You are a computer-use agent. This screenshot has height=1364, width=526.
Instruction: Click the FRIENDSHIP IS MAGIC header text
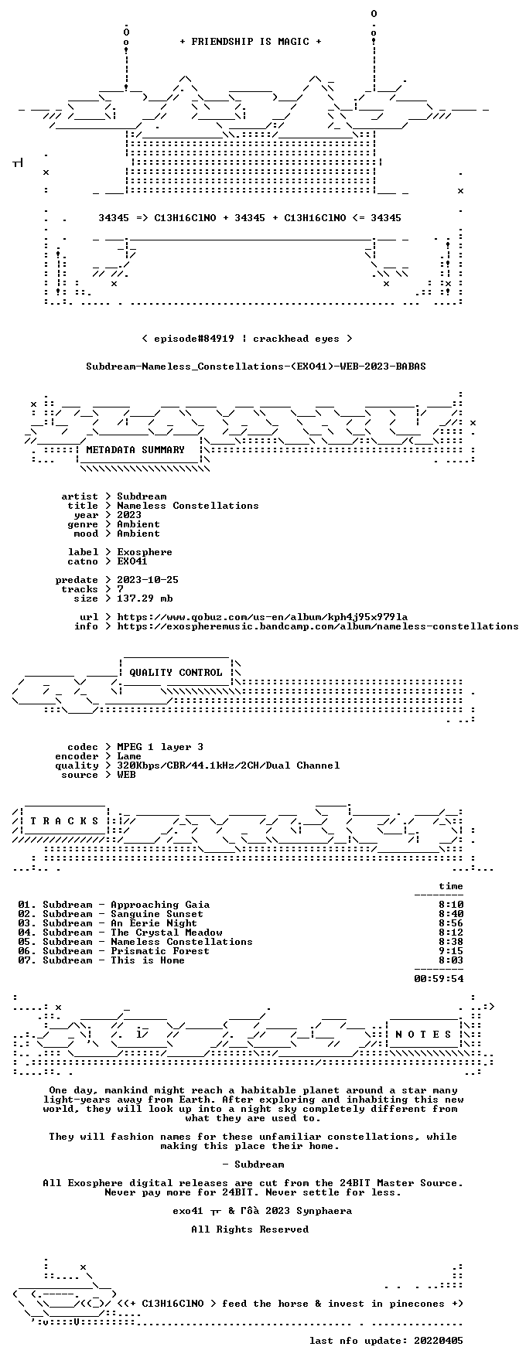(x=250, y=42)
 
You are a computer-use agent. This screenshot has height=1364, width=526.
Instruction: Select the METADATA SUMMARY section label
(x=135, y=450)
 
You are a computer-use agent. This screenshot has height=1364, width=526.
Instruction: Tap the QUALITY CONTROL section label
(x=176, y=673)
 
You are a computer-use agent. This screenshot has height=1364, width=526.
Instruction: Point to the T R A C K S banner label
(x=65, y=821)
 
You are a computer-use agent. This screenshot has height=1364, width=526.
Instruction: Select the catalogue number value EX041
(x=132, y=561)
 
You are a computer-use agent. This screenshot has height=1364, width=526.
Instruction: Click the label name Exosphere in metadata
(x=145, y=552)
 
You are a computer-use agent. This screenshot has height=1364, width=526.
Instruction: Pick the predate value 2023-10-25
(x=148, y=580)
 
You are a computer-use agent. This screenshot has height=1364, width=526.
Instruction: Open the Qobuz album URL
(x=262, y=617)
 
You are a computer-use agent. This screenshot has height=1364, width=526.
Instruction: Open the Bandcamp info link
(x=318, y=626)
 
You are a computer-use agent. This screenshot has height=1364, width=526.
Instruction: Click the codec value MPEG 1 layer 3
(x=160, y=747)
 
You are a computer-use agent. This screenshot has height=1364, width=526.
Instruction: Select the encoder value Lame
(x=129, y=756)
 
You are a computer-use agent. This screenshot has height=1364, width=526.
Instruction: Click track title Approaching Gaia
(x=160, y=905)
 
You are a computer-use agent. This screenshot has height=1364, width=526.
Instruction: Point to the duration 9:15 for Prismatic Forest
(x=451, y=951)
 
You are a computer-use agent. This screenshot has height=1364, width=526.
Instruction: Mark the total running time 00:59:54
(x=439, y=979)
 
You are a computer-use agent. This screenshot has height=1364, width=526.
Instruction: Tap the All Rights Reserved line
(x=250, y=1229)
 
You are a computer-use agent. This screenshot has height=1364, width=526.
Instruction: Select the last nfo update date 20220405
(x=439, y=1341)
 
